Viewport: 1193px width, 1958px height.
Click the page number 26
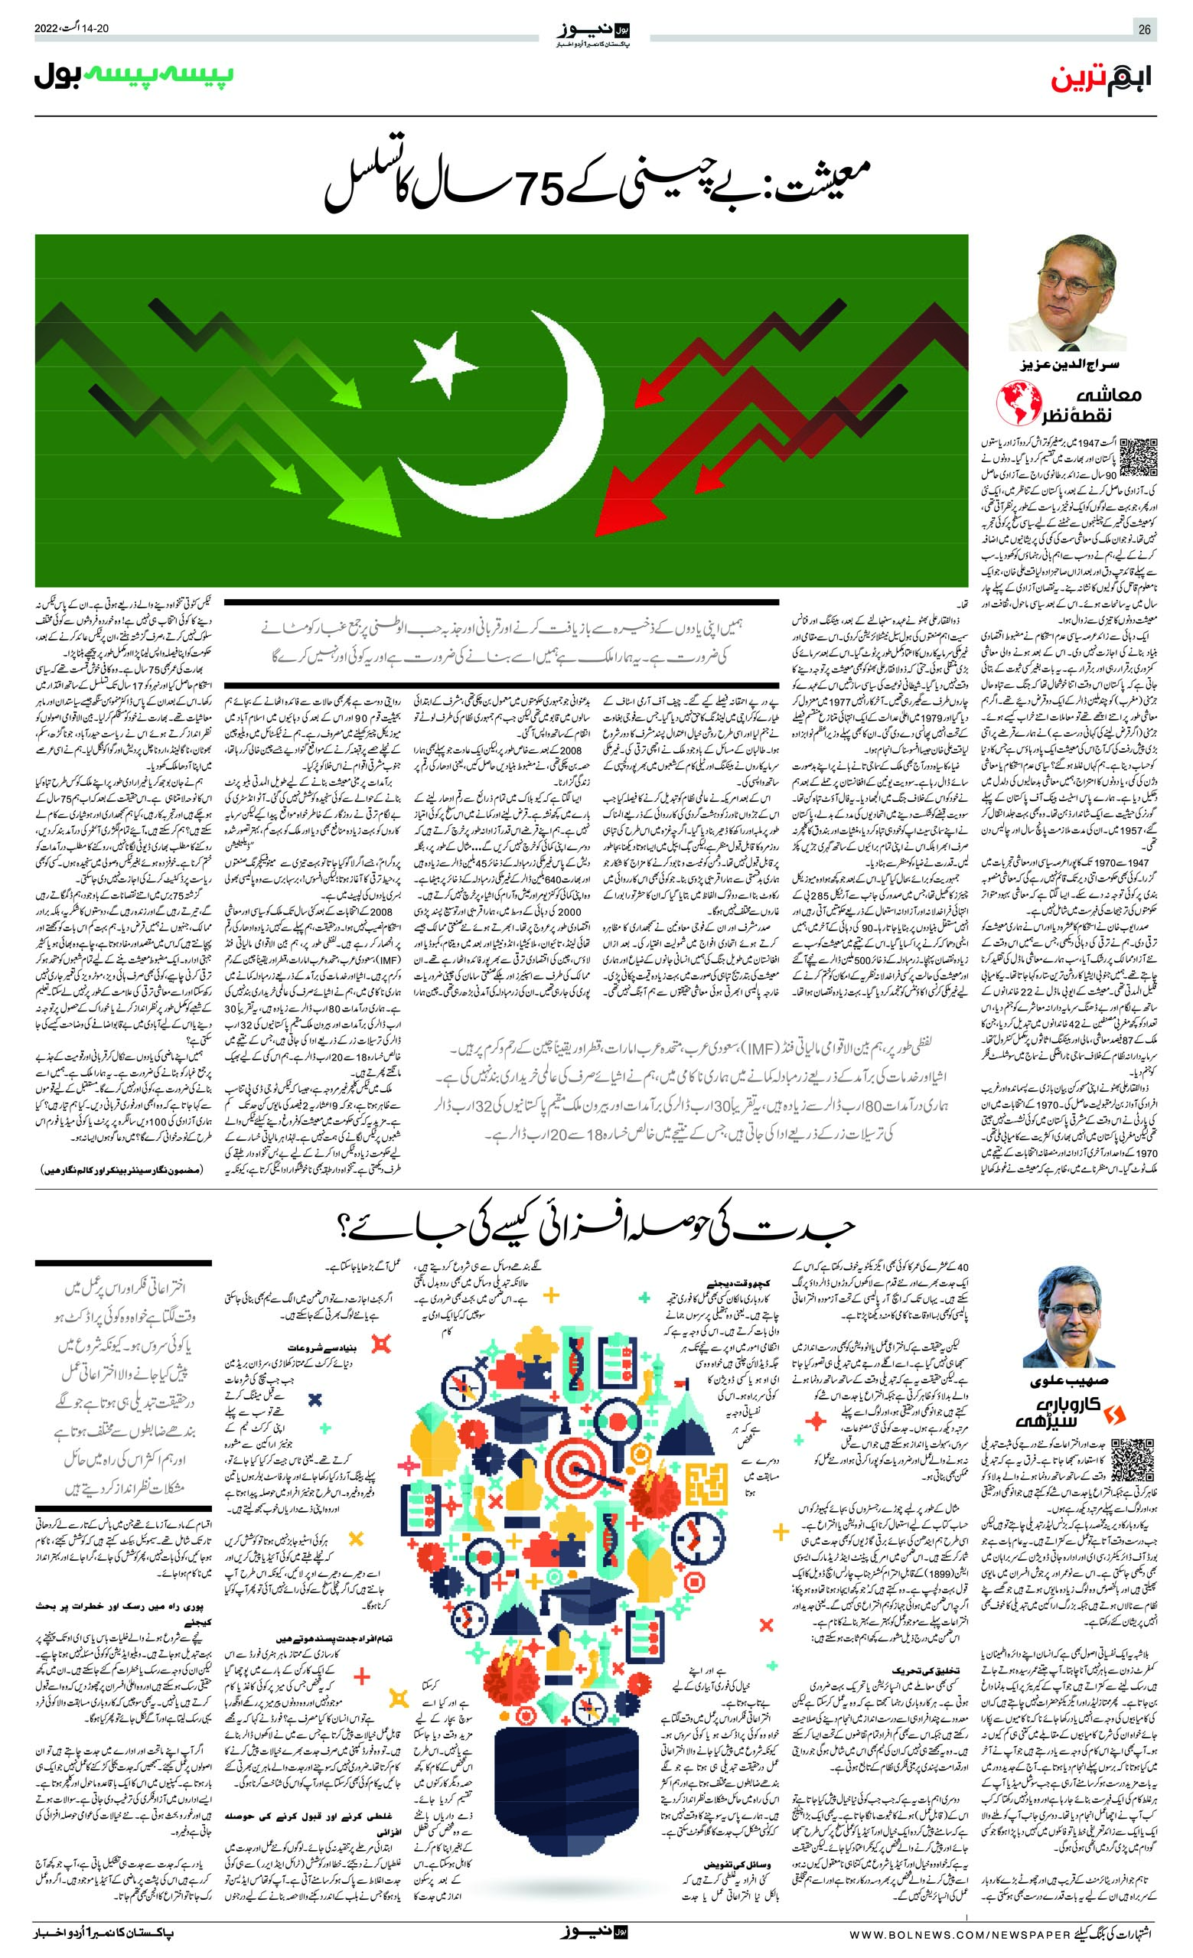point(1145,30)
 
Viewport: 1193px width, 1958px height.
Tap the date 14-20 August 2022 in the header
point(71,29)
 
